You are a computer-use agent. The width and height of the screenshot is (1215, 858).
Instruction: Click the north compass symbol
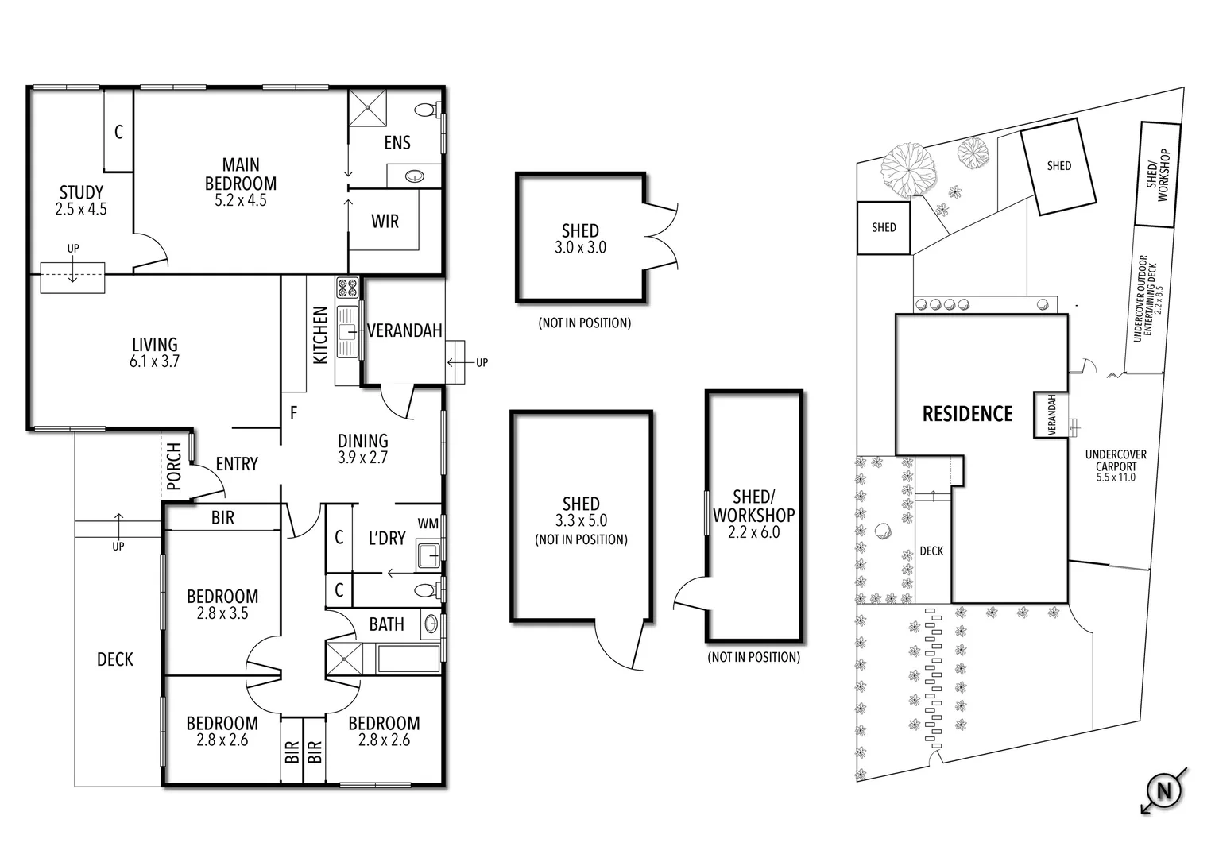click(1164, 790)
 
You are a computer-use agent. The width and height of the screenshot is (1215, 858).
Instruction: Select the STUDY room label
click(81, 192)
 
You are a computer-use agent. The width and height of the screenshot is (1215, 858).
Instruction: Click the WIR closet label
click(385, 221)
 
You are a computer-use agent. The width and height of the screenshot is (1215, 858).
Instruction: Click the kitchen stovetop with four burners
click(347, 287)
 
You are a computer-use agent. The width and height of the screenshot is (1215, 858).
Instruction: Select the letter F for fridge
click(294, 413)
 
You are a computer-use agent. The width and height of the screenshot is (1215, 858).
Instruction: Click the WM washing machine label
click(428, 523)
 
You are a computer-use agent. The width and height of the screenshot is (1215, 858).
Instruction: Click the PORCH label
click(174, 466)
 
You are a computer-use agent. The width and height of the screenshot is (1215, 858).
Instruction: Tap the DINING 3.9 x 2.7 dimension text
click(362, 458)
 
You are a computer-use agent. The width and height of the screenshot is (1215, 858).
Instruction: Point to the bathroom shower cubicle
click(344, 659)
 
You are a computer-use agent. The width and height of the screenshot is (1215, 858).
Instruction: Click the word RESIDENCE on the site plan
click(967, 413)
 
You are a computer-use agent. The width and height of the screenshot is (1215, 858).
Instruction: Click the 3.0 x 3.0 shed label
click(580, 248)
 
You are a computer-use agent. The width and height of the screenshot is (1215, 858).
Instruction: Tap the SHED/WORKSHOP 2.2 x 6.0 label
click(753, 514)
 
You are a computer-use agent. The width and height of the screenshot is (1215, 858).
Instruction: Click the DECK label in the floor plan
click(115, 659)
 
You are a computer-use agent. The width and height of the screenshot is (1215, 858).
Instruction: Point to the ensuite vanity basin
click(414, 176)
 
